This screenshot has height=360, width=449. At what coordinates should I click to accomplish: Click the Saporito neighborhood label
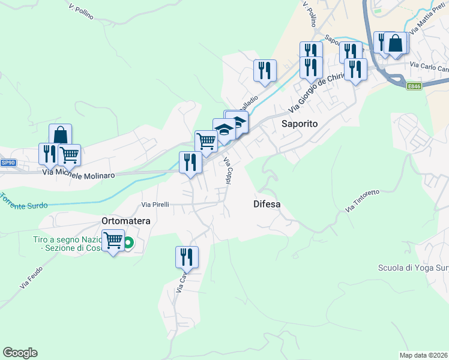point(299,124)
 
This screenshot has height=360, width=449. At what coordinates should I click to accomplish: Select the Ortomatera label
point(125,221)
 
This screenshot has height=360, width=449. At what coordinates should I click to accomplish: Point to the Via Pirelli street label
point(155,204)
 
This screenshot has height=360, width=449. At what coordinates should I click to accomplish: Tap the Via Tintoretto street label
point(363,200)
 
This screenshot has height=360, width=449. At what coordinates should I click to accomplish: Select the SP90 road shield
point(7,163)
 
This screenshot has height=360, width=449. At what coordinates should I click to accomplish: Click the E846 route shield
point(414,86)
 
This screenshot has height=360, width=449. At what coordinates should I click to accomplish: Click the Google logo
point(20,353)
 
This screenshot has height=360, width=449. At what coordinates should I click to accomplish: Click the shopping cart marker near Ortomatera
point(113,241)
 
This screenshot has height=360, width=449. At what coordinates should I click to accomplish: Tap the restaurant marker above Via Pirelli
point(190,162)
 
